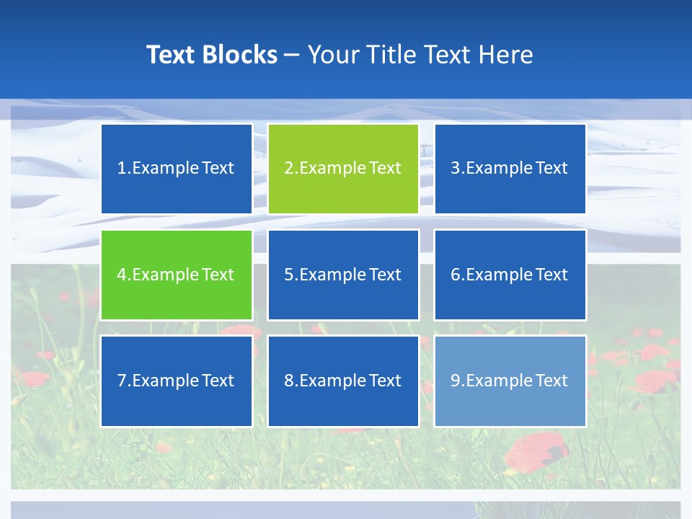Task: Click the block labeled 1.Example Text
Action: point(177,169)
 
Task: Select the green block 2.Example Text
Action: point(343,169)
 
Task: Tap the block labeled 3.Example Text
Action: point(510,169)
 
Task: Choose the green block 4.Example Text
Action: point(177,275)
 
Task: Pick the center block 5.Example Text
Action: point(343,275)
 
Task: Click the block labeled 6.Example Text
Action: point(510,275)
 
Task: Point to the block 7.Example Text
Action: point(177,381)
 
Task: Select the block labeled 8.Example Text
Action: point(343,381)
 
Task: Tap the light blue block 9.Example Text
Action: point(510,381)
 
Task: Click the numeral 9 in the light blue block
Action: point(456,381)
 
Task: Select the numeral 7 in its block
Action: point(122,381)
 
